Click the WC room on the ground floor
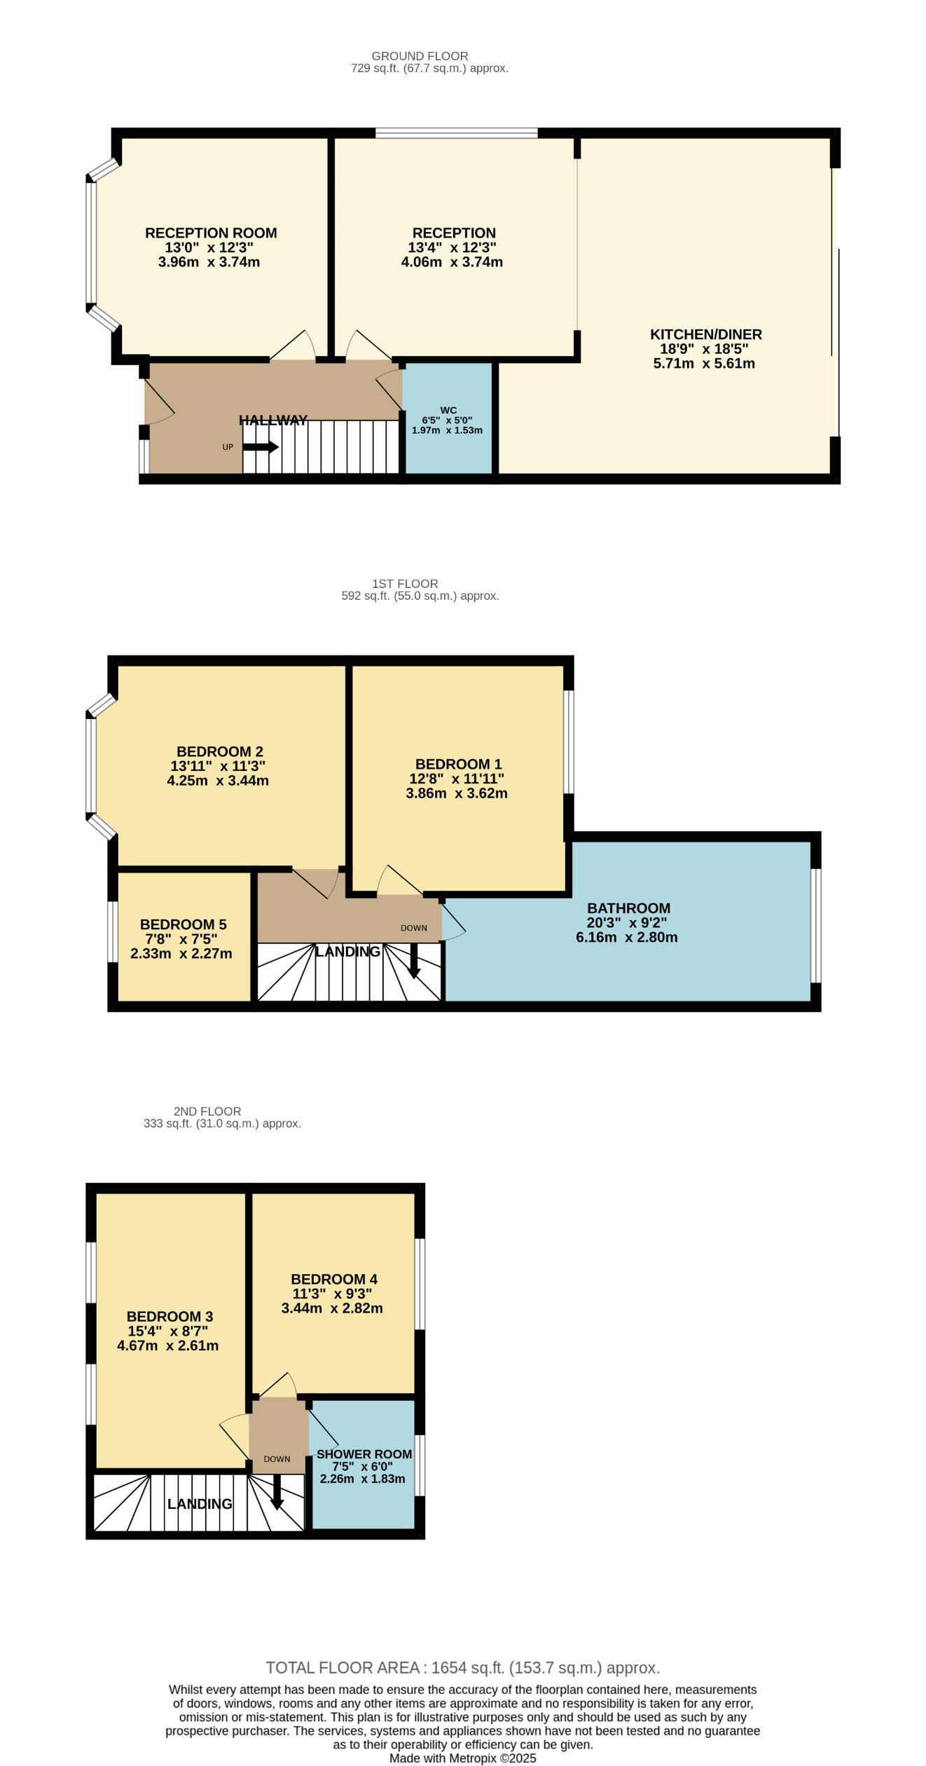point(448,420)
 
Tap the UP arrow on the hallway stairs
point(261,447)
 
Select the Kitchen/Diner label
point(705,334)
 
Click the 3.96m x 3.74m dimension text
point(209,262)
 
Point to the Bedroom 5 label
point(183,924)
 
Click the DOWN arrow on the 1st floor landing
point(414,961)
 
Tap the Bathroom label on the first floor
point(628,908)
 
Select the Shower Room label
point(364,1454)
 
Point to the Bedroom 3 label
point(170,1316)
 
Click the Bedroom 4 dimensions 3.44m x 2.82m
point(332,1308)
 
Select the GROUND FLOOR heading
point(420,56)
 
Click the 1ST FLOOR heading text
point(405,584)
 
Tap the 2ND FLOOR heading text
point(207,1111)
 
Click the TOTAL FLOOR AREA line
point(462,1668)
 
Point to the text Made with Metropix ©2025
point(462,1758)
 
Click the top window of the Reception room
point(456,132)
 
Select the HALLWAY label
point(273,420)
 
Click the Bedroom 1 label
point(458,764)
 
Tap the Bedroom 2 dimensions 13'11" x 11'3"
point(218,766)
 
